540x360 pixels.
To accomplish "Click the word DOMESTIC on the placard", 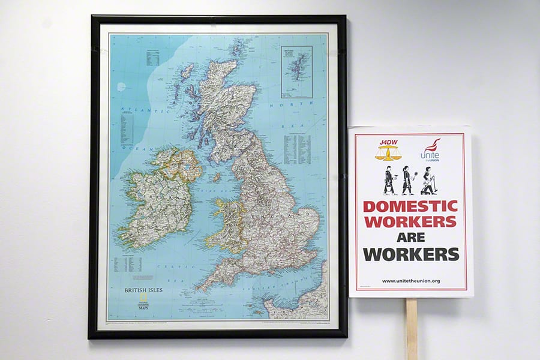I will click(x=410, y=206).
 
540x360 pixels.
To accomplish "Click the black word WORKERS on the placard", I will click(x=410, y=254).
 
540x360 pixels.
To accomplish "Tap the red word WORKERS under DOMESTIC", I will click(x=410, y=221).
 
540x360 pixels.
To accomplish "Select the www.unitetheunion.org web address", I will click(x=410, y=281).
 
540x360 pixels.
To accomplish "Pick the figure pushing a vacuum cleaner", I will click(x=429, y=181).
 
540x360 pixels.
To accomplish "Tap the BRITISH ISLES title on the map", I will click(x=143, y=290).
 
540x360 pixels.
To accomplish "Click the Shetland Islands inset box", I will click(x=296, y=72).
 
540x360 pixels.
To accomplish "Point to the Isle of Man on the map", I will click(x=216, y=178).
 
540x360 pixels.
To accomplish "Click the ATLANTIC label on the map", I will click(x=135, y=110).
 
